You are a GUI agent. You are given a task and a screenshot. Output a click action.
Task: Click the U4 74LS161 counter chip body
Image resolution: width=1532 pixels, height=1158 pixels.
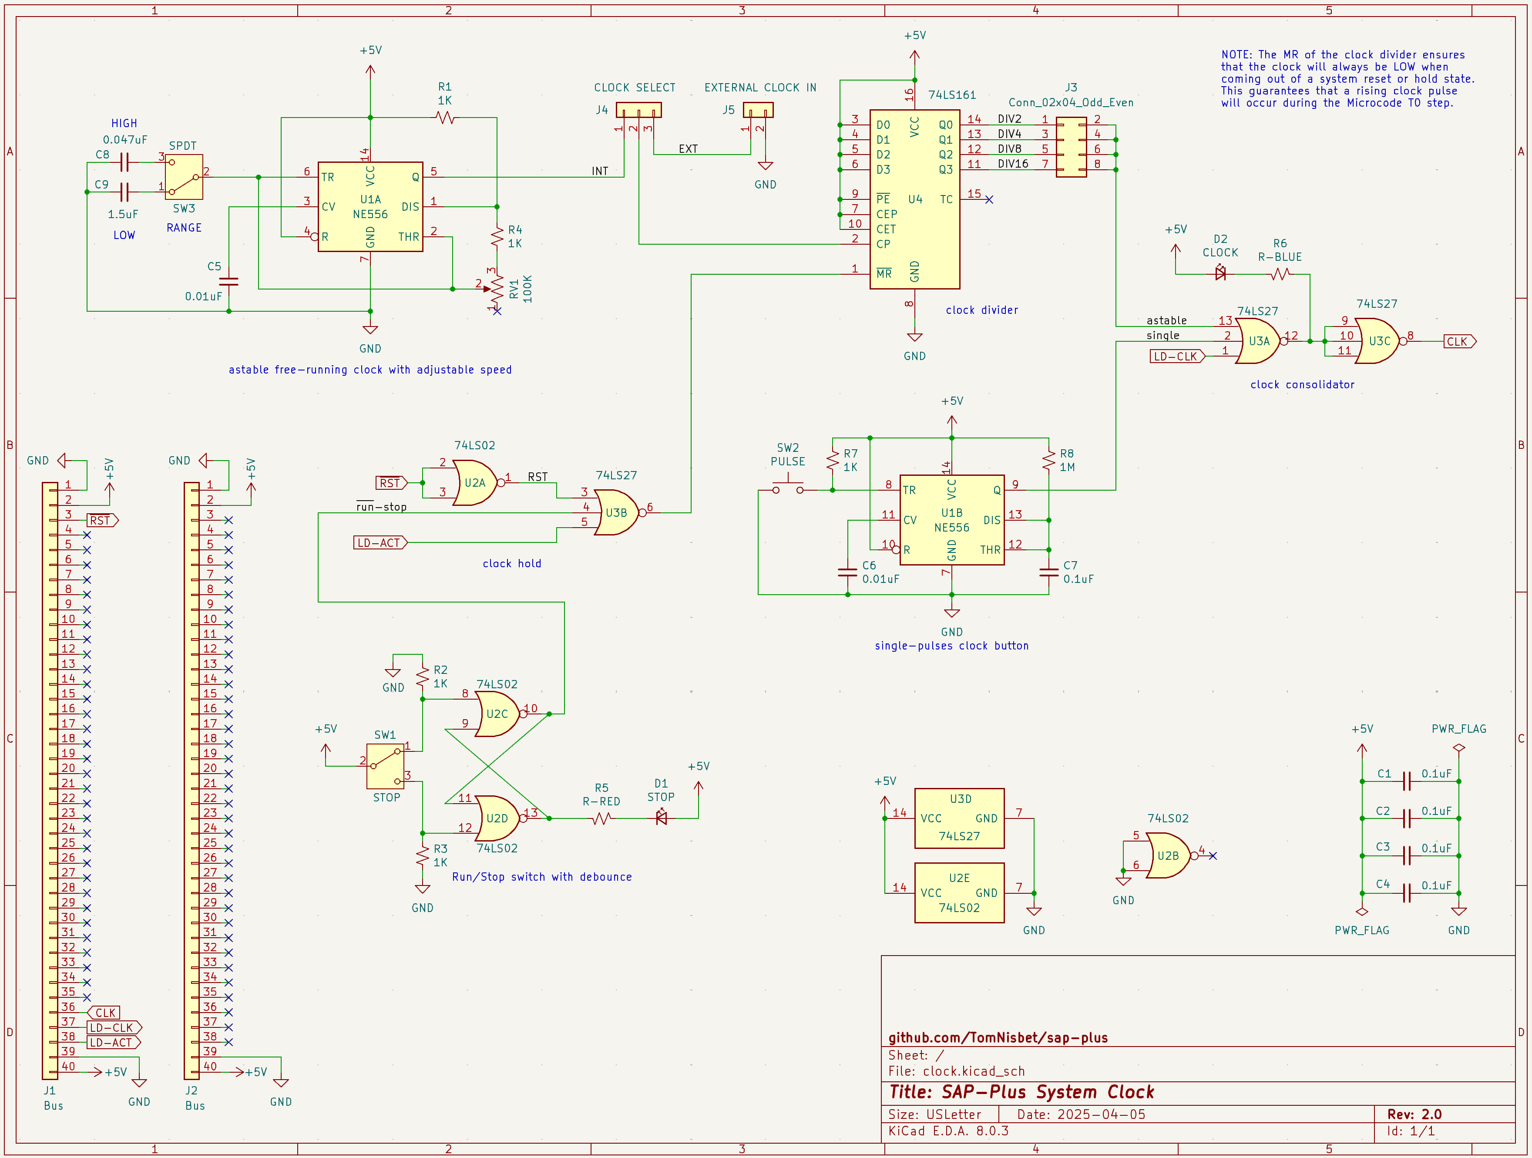click(914, 199)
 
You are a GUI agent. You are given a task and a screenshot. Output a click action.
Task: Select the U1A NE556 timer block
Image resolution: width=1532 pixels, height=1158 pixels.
click(370, 206)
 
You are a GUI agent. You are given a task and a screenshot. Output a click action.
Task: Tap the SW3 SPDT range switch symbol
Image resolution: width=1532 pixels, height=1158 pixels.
click(184, 177)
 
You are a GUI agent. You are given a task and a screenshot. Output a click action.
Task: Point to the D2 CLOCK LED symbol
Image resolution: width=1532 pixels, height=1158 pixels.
click(1220, 273)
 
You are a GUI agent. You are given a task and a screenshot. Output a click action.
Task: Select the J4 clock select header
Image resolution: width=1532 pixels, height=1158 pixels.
click(638, 109)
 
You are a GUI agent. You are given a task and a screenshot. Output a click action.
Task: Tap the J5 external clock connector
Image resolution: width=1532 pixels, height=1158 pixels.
click(758, 109)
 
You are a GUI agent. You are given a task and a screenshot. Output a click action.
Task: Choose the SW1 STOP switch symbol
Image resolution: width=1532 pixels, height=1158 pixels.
click(386, 766)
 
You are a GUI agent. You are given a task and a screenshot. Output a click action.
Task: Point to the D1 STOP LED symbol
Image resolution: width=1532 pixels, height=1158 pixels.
click(661, 818)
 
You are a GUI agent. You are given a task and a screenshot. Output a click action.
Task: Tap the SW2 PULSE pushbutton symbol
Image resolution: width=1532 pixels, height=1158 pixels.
click(788, 487)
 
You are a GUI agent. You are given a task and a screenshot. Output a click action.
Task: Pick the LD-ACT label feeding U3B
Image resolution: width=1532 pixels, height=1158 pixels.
click(380, 542)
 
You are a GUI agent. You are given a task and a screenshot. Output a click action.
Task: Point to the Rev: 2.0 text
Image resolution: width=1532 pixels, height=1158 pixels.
click(1414, 1114)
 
